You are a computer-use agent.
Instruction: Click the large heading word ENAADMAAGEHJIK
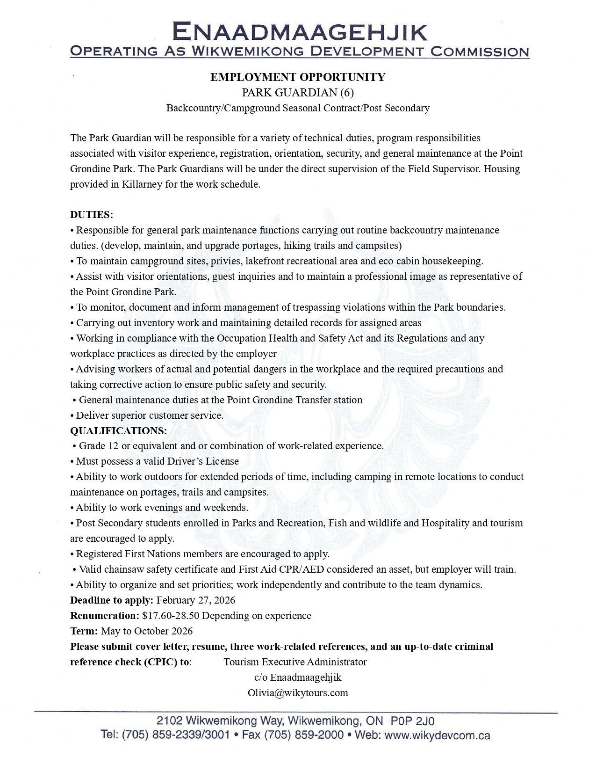coord(299,32)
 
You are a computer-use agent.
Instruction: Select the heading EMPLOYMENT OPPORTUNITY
coord(298,77)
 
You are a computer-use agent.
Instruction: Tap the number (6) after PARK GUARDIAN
coord(347,93)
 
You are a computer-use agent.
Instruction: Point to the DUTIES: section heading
coord(92,215)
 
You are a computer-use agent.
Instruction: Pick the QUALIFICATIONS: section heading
coord(118,430)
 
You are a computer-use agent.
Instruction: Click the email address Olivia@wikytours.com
coord(298,693)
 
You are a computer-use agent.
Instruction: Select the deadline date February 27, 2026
coord(195,600)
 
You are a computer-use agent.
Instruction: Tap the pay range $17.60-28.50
coord(171,616)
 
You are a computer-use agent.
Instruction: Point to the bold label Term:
coord(84,631)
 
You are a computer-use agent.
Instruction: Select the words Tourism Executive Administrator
coord(295,662)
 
